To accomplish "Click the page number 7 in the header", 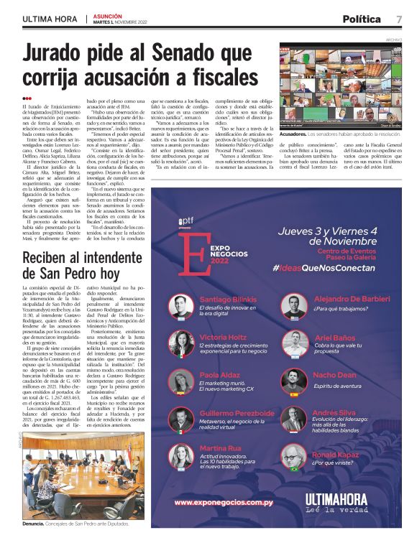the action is pyautogui.click(x=398, y=19).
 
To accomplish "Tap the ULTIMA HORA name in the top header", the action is pyautogui.click(x=49, y=19).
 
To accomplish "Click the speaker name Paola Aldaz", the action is pyautogui.click(x=219, y=376).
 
